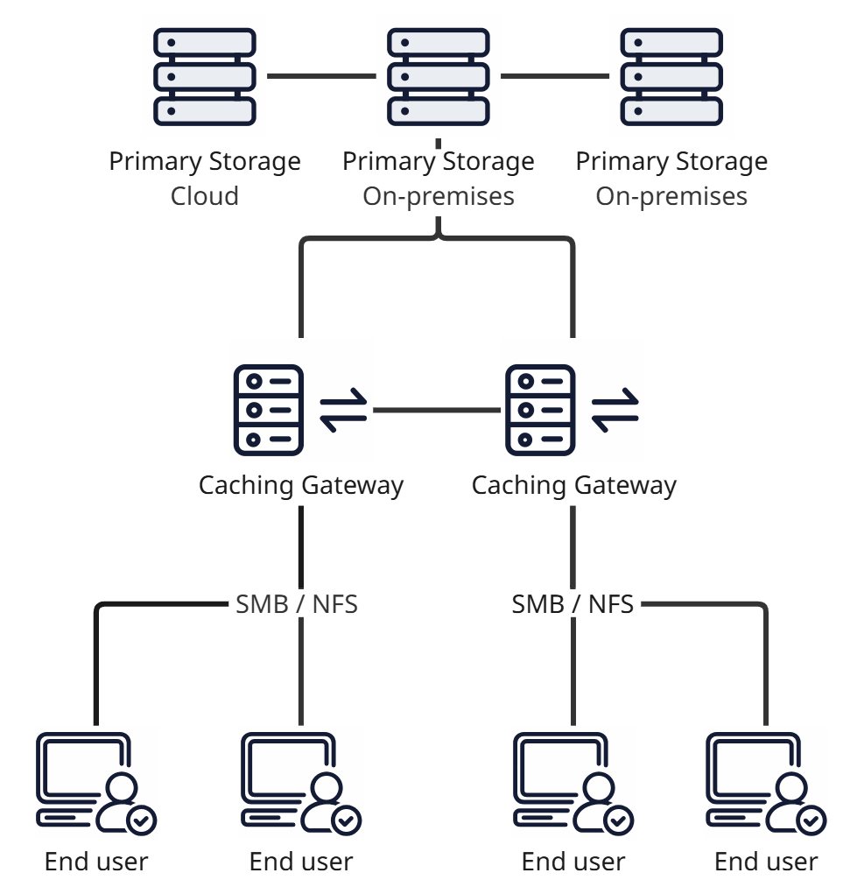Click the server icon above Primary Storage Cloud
(205, 76)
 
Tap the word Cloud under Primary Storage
(205, 195)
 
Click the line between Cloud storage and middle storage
(321, 76)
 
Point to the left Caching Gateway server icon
(269, 410)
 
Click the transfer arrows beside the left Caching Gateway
(344, 410)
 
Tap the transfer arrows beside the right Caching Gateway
(615, 410)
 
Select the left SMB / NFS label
(297, 604)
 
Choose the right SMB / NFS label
(573, 604)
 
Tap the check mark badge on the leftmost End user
(142, 820)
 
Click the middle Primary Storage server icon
(438, 76)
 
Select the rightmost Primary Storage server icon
(671, 76)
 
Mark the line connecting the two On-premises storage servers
(554, 76)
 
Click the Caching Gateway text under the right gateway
(573, 485)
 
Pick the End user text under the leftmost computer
(96, 862)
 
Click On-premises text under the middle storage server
(439, 195)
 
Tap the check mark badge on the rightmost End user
(811, 820)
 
